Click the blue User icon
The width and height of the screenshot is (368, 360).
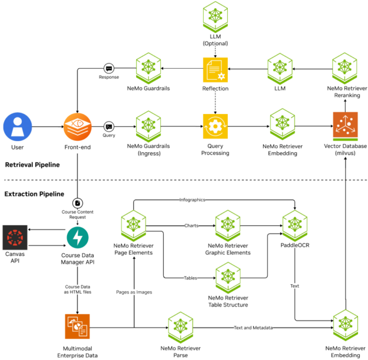tap(17, 126)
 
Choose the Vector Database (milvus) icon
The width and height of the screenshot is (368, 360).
tap(346, 126)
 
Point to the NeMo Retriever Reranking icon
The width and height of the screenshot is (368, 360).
tap(346, 69)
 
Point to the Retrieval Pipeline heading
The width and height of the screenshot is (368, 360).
tap(32, 165)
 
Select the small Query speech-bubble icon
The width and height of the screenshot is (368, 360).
tap(108, 126)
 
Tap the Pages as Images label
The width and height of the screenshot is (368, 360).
tap(134, 291)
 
